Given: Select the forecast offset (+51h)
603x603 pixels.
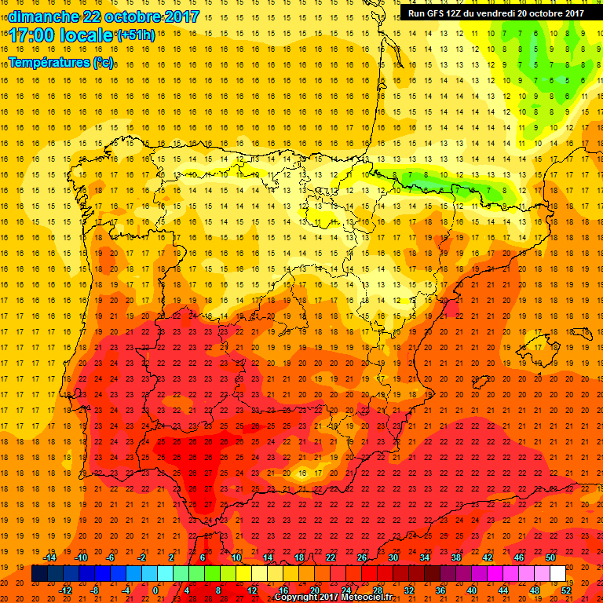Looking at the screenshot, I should [136, 35].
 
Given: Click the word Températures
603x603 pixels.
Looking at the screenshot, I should [49, 61].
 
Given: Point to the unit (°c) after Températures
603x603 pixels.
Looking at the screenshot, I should [104, 61].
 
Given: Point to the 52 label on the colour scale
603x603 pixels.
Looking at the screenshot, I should [566, 590].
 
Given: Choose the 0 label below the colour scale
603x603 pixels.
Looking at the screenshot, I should [155, 590].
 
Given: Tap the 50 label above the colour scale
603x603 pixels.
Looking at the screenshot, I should [550, 557].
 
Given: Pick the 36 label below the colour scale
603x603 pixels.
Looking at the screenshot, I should [440, 590].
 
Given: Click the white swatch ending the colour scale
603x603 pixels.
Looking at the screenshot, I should [558, 574].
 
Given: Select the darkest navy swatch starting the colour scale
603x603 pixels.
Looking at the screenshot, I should [39, 574].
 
